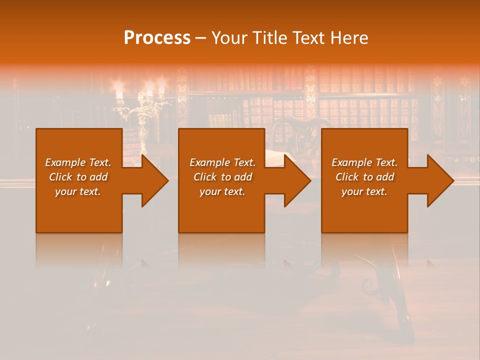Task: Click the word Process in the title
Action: coord(157,38)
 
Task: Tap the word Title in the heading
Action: coord(268,38)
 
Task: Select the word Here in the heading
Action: coord(349,38)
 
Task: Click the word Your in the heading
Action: coord(227,38)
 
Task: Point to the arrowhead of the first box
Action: coord(152,181)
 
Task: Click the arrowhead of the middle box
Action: coord(294,181)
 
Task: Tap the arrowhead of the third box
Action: coord(437,181)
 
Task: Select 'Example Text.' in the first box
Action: coord(78,162)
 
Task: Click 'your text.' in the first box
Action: coord(78,191)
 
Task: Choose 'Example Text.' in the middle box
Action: coord(222,162)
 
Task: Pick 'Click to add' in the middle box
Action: coord(222,177)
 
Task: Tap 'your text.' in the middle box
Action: coord(222,191)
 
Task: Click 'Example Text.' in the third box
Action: coord(364,162)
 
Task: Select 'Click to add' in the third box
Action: coord(364,177)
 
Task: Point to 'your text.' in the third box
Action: coord(364,191)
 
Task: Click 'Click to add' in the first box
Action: coord(78,177)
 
